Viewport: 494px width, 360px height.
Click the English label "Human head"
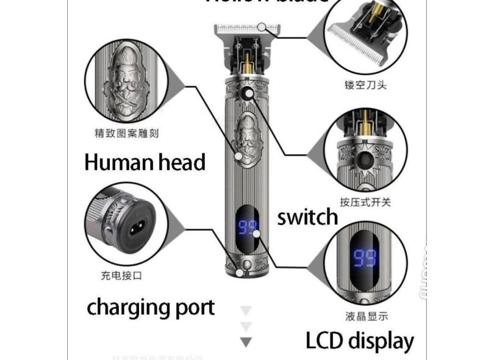pos(145,162)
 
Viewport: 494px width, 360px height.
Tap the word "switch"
pos(307,217)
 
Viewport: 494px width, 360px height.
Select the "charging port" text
pos(150,306)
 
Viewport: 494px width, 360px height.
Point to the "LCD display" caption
pos(360,340)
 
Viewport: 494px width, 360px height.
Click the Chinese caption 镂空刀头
pos(365,85)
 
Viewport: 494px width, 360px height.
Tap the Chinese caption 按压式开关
pos(365,202)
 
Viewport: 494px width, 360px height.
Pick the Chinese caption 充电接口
pos(121,275)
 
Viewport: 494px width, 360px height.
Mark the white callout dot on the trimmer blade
pos(262,27)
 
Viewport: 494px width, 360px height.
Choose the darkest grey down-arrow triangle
pos(246,342)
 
